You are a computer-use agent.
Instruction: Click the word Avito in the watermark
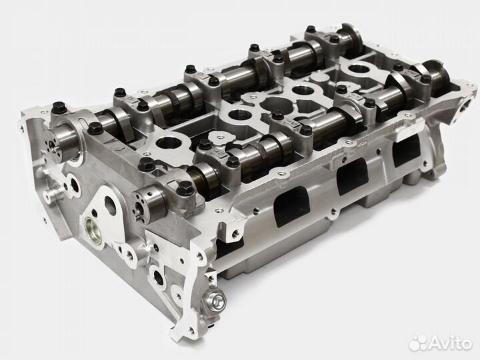tap(450, 343)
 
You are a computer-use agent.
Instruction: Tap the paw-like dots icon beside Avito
tap(417, 342)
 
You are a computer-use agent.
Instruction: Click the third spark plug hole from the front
tap(301, 90)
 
